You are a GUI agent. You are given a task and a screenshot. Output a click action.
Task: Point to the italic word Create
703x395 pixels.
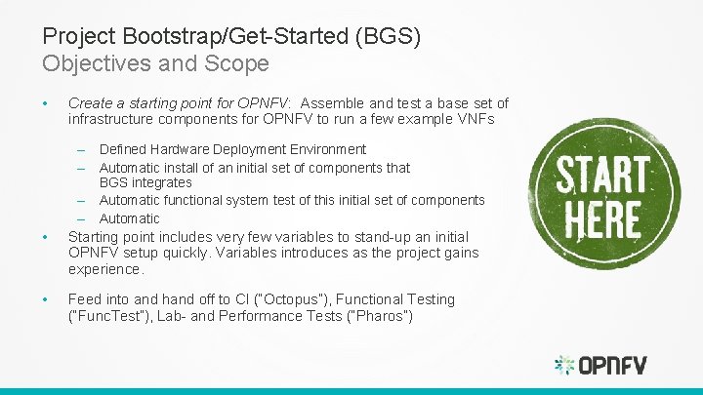[90, 103]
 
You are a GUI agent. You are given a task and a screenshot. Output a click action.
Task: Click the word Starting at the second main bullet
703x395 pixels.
[94, 237]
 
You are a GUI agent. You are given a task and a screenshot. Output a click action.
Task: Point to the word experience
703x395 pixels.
[104, 269]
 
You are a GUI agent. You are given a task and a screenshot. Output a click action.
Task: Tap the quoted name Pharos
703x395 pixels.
[381, 316]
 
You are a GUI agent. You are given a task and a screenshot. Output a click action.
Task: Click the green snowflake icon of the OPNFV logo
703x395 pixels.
[564, 366]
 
